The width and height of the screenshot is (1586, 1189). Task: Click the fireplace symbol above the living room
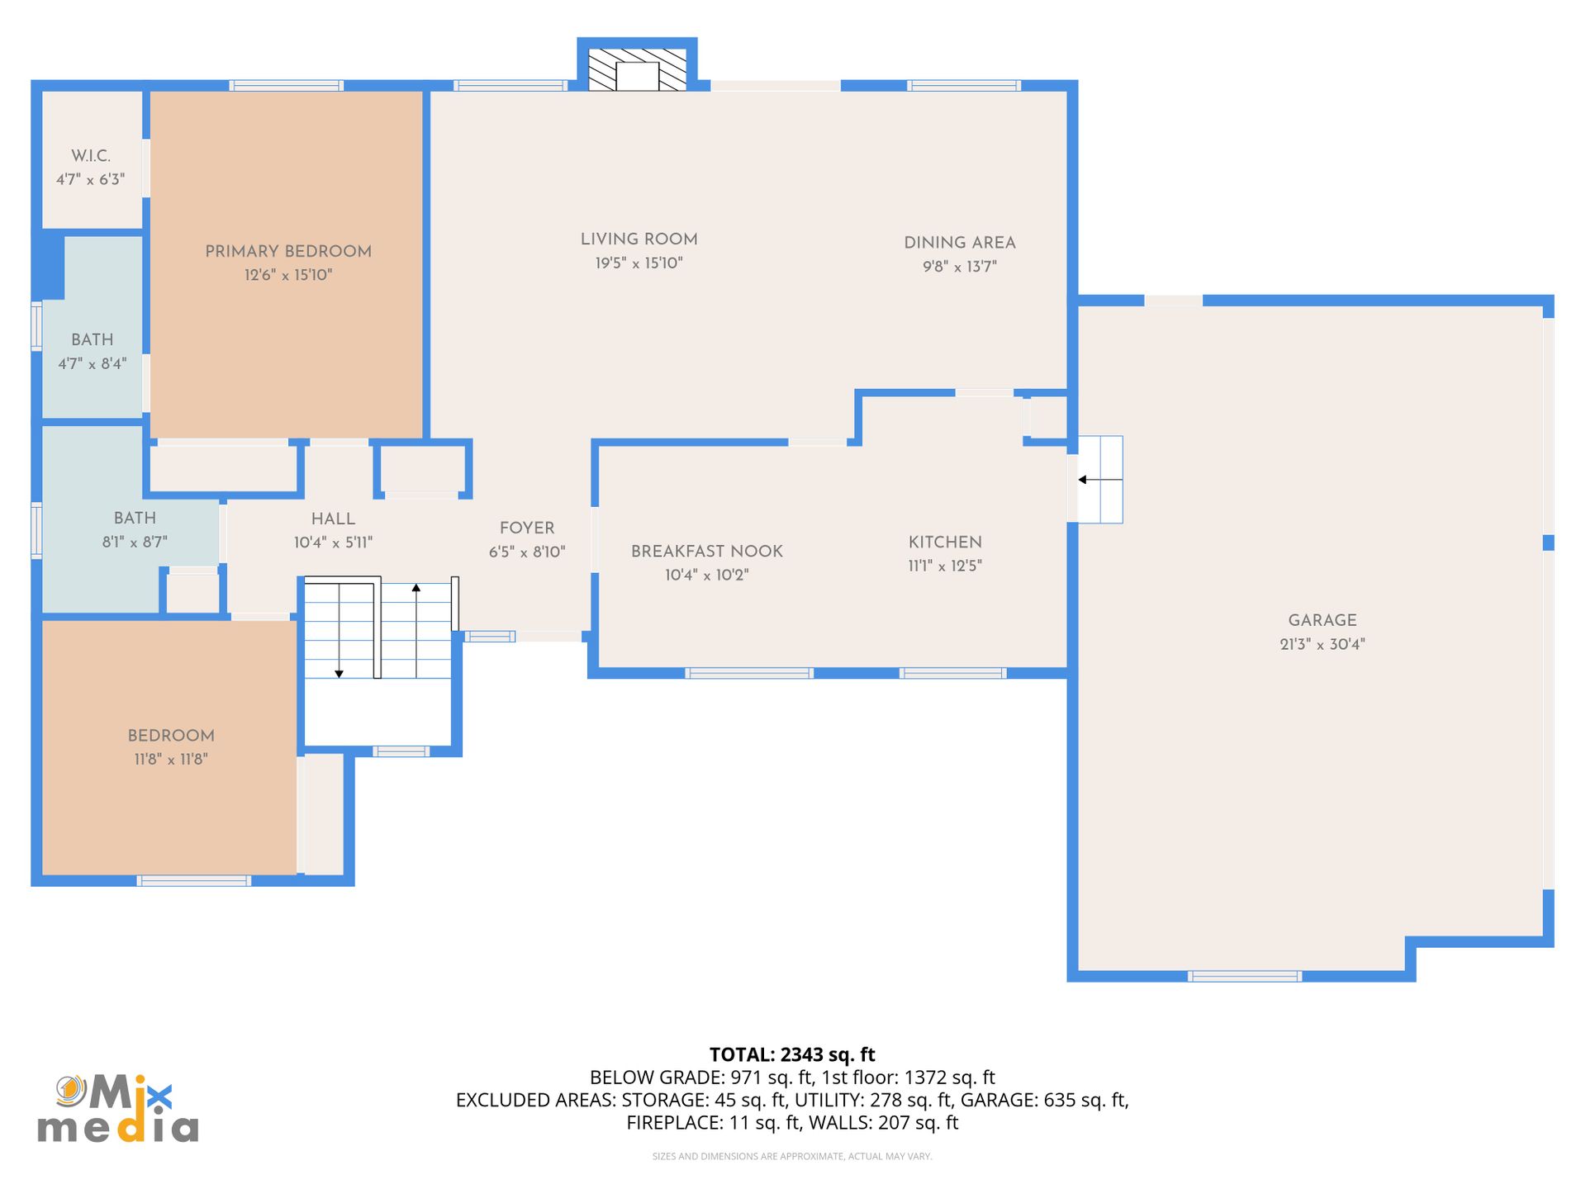[x=637, y=69]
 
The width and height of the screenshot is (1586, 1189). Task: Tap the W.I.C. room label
[x=91, y=156]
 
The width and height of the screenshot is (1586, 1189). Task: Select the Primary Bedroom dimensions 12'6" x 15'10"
[x=288, y=275]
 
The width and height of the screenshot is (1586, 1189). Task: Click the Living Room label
[x=639, y=239]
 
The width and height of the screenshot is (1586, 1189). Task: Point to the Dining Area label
[x=960, y=243]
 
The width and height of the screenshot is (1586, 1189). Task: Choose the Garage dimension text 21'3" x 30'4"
[x=1322, y=644]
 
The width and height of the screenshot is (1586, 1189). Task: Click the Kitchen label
[x=945, y=542]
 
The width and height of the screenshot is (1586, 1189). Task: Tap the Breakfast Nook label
[x=707, y=552]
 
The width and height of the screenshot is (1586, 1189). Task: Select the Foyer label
[x=527, y=528]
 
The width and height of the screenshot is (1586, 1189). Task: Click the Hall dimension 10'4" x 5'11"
[x=334, y=542]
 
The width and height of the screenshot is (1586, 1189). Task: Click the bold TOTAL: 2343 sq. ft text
[x=792, y=1054]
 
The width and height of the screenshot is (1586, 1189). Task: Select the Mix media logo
[x=118, y=1108]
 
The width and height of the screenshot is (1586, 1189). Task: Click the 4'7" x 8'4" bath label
[x=93, y=363]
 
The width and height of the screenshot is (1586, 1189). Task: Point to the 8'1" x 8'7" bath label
[x=135, y=542]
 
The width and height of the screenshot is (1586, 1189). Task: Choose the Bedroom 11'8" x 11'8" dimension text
[x=171, y=759]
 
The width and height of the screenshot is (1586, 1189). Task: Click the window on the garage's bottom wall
[x=1245, y=977]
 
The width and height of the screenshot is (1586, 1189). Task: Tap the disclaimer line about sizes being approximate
[x=792, y=1156]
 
